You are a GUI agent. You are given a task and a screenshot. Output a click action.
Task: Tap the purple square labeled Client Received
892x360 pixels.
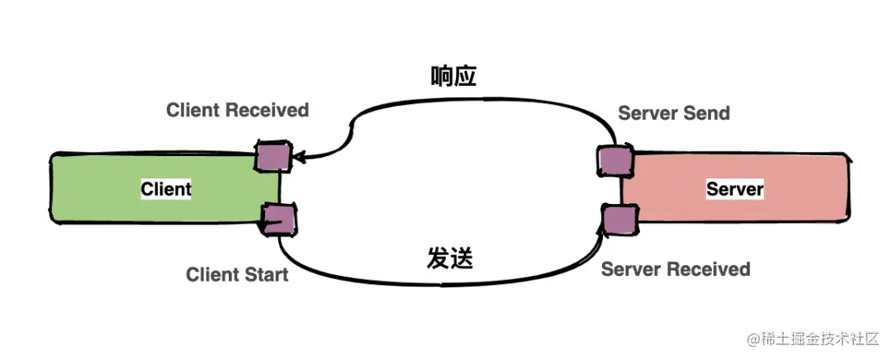(272, 156)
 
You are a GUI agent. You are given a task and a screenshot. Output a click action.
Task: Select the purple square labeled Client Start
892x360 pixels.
(278, 219)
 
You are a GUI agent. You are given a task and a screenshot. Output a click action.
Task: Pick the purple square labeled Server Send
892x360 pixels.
(612, 159)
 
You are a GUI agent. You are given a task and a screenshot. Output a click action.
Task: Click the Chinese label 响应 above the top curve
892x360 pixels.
(453, 76)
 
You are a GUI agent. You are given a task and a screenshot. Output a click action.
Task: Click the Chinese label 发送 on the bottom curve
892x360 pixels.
(450, 258)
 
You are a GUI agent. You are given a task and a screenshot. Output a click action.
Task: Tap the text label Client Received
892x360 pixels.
(237, 110)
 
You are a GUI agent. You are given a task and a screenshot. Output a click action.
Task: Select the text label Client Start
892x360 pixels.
(237, 274)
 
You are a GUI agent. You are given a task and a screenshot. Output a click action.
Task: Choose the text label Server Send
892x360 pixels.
(674, 113)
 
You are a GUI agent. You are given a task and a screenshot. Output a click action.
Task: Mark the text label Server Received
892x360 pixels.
(676, 269)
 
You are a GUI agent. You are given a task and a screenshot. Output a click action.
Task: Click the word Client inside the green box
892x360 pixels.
(166, 189)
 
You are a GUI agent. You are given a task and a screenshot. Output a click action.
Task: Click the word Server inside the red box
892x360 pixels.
(734, 189)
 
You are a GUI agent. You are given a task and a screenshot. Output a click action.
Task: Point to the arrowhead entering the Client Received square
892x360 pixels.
(297, 155)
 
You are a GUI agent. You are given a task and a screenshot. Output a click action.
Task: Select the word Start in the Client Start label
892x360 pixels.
(264, 274)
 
